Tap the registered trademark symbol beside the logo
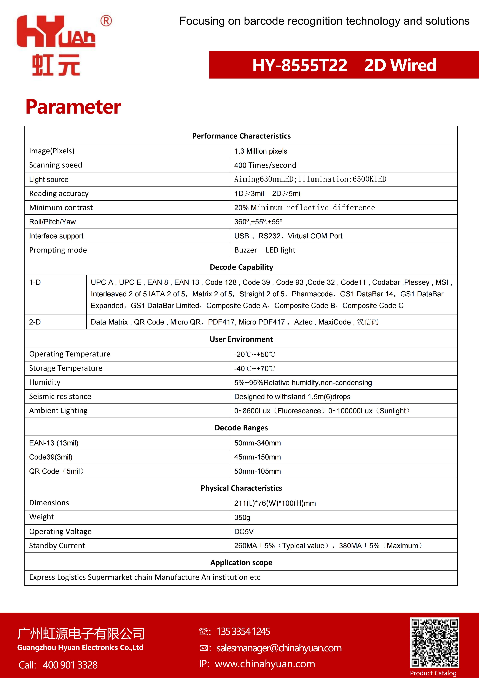(x=106, y=21)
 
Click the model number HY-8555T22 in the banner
(x=300, y=65)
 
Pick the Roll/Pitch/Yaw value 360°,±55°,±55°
(x=258, y=222)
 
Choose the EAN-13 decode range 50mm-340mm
(x=258, y=443)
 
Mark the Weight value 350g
(x=242, y=517)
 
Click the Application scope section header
(x=241, y=562)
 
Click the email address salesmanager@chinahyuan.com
(x=279, y=648)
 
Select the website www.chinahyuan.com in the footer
(x=265, y=664)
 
